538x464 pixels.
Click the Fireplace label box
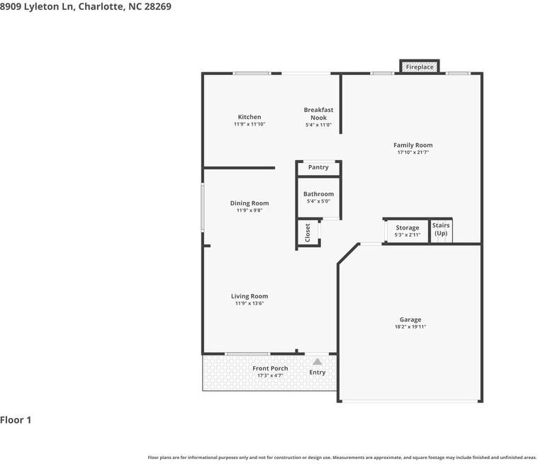[420, 67]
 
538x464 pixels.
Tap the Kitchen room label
[250, 117]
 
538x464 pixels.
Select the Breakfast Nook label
[318, 113]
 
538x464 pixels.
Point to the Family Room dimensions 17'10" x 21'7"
[413, 152]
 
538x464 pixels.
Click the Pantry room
[318, 168]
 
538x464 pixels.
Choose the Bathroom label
[318, 194]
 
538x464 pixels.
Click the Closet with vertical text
[308, 232]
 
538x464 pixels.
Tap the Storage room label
[408, 227]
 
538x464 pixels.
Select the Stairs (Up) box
[441, 229]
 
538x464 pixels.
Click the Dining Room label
[250, 203]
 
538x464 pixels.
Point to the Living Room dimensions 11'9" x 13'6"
[250, 303]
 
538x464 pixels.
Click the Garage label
[410, 319]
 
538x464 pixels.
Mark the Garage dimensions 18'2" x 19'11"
[410, 327]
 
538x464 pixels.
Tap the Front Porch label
[270, 368]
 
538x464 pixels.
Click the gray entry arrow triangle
[318, 361]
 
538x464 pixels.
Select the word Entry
[318, 373]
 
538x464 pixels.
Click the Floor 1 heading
[16, 420]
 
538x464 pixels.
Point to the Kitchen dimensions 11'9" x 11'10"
[250, 124]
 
